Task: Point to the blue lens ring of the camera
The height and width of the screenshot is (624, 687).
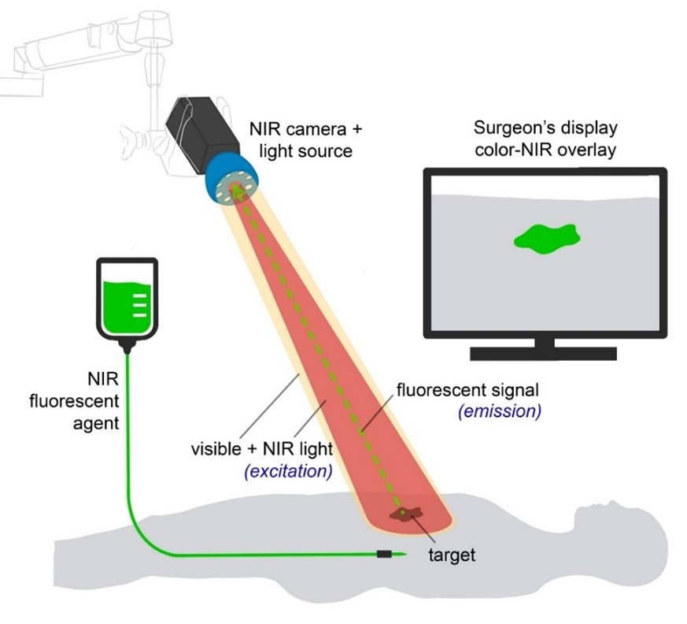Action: [x=233, y=180]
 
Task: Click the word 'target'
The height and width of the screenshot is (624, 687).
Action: [x=452, y=555]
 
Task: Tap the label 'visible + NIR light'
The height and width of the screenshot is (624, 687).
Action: [x=262, y=451]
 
